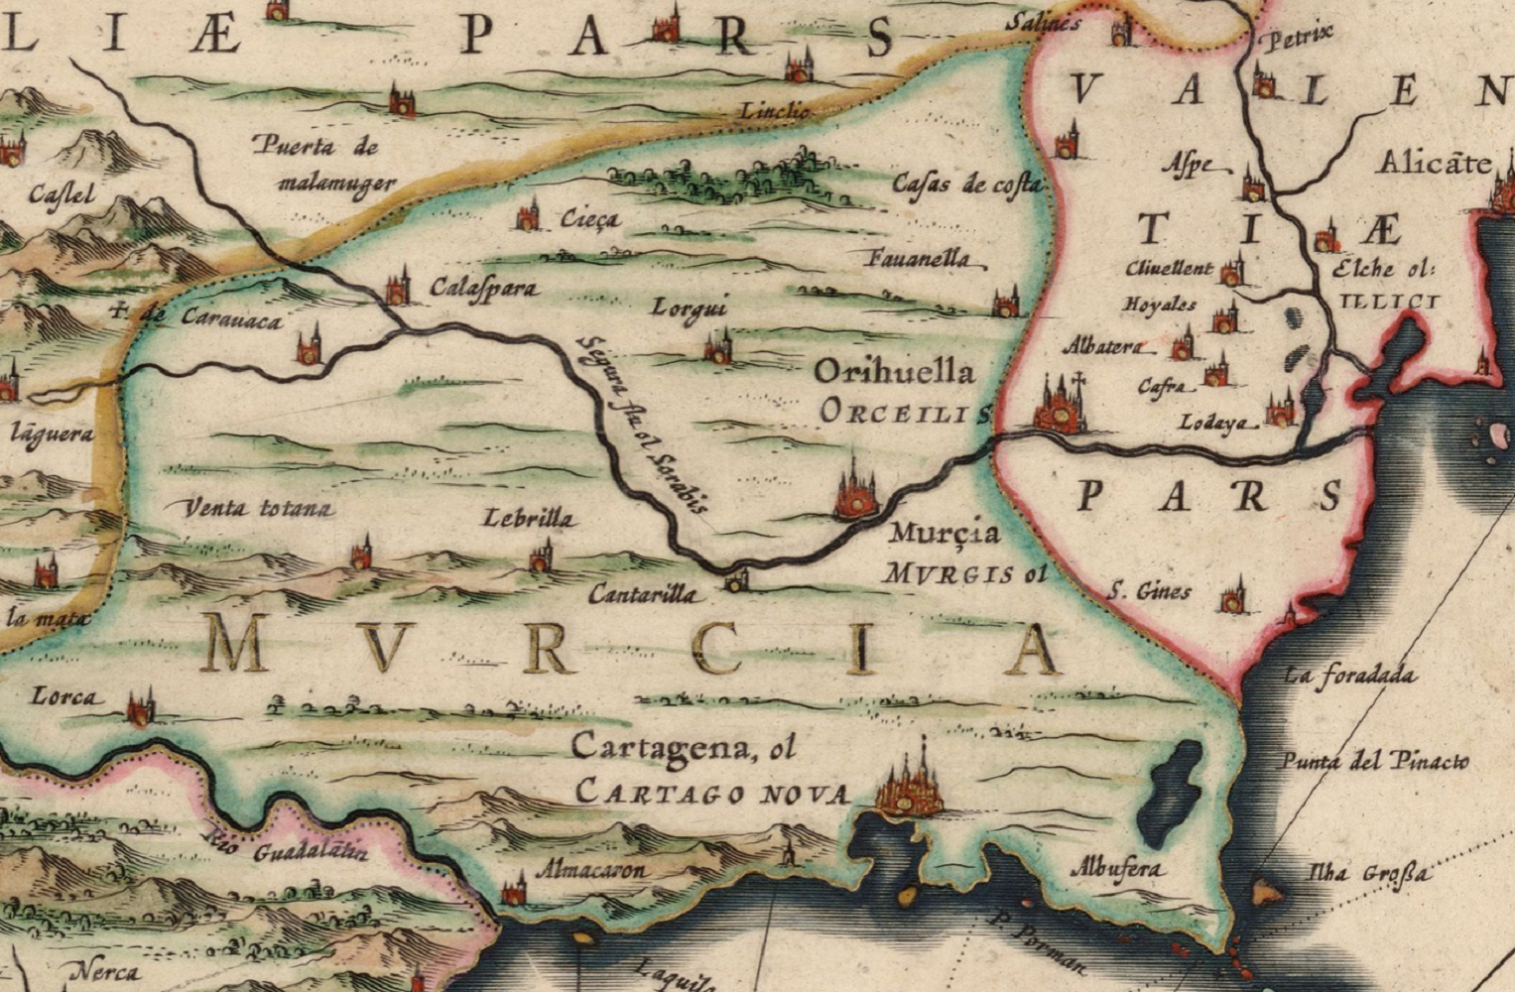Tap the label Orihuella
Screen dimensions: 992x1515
tap(895, 373)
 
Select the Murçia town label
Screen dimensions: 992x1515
tap(945, 534)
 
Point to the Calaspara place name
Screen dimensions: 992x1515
tap(484, 289)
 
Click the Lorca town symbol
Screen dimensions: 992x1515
tap(141, 707)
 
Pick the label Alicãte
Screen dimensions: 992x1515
tap(1433, 164)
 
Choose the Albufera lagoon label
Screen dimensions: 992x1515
tap(1115, 869)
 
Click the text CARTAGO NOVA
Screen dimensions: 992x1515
tap(712, 794)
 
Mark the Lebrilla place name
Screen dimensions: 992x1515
tap(528, 519)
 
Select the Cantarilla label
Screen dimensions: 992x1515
tap(645, 594)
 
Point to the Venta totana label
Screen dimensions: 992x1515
tap(259, 509)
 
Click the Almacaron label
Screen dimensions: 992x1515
tap(591, 871)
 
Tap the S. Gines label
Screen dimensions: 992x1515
tap(1149, 593)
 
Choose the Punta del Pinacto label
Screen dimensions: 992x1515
tap(1373, 762)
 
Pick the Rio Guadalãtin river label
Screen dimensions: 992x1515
tap(287, 847)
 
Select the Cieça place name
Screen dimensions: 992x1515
tap(589, 219)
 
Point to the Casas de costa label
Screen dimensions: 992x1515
tap(966, 185)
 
